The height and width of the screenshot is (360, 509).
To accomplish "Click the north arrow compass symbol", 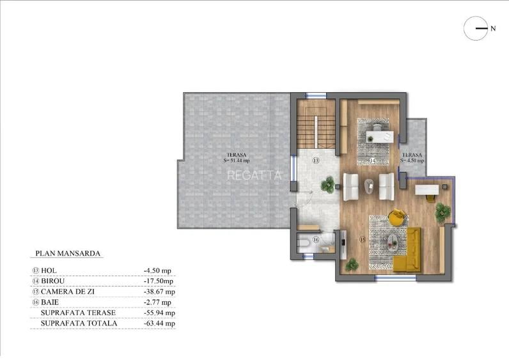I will [x=475, y=28].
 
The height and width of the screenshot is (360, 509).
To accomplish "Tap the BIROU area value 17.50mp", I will [x=159, y=281].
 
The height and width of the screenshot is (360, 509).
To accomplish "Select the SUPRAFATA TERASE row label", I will [x=78, y=313].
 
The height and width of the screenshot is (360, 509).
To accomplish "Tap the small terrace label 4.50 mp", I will [x=413, y=157].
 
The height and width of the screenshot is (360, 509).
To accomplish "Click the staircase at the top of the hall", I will [x=316, y=125].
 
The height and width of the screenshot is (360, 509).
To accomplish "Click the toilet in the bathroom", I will [x=306, y=242].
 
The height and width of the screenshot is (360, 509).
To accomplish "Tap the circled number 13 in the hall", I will [x=315, y=161].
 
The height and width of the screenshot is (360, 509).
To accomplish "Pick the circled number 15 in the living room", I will [x=362, y=240].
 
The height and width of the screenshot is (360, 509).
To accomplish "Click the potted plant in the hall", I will [x=328, y=185].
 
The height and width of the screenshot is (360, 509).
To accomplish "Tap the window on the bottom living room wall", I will [x=391, y=278].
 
